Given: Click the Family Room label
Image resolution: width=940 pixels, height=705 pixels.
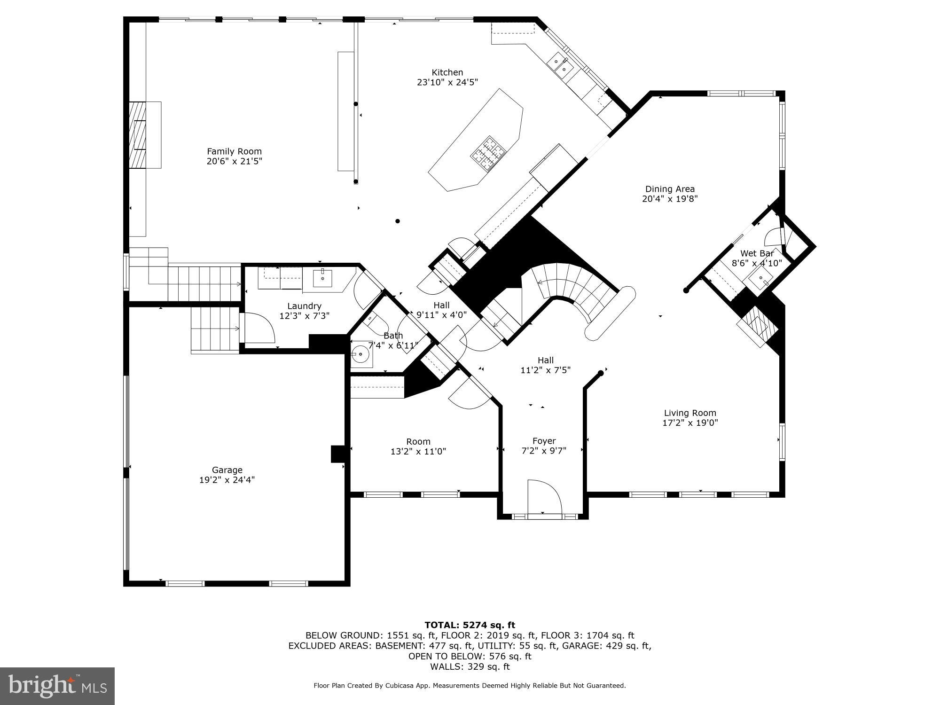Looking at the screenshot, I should point(234,151).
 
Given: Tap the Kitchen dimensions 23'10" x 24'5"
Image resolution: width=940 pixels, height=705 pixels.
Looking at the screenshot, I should point(447,82).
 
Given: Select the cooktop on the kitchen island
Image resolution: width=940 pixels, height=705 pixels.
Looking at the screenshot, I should point(487,152).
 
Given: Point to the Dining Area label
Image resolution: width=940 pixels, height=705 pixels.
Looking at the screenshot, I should point(669,189).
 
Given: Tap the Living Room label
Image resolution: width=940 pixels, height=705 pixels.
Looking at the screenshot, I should point(689,413).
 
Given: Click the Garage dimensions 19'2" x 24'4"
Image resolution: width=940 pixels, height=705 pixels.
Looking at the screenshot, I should point(227,480).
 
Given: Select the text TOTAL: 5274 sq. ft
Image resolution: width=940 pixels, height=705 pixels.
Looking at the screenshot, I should point(470,625).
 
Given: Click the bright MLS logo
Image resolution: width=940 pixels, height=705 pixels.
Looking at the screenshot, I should point(57,686).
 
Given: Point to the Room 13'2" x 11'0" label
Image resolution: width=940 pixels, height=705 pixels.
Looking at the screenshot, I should point(418,446).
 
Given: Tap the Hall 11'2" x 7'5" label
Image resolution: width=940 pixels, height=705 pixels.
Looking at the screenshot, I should point(545,365).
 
